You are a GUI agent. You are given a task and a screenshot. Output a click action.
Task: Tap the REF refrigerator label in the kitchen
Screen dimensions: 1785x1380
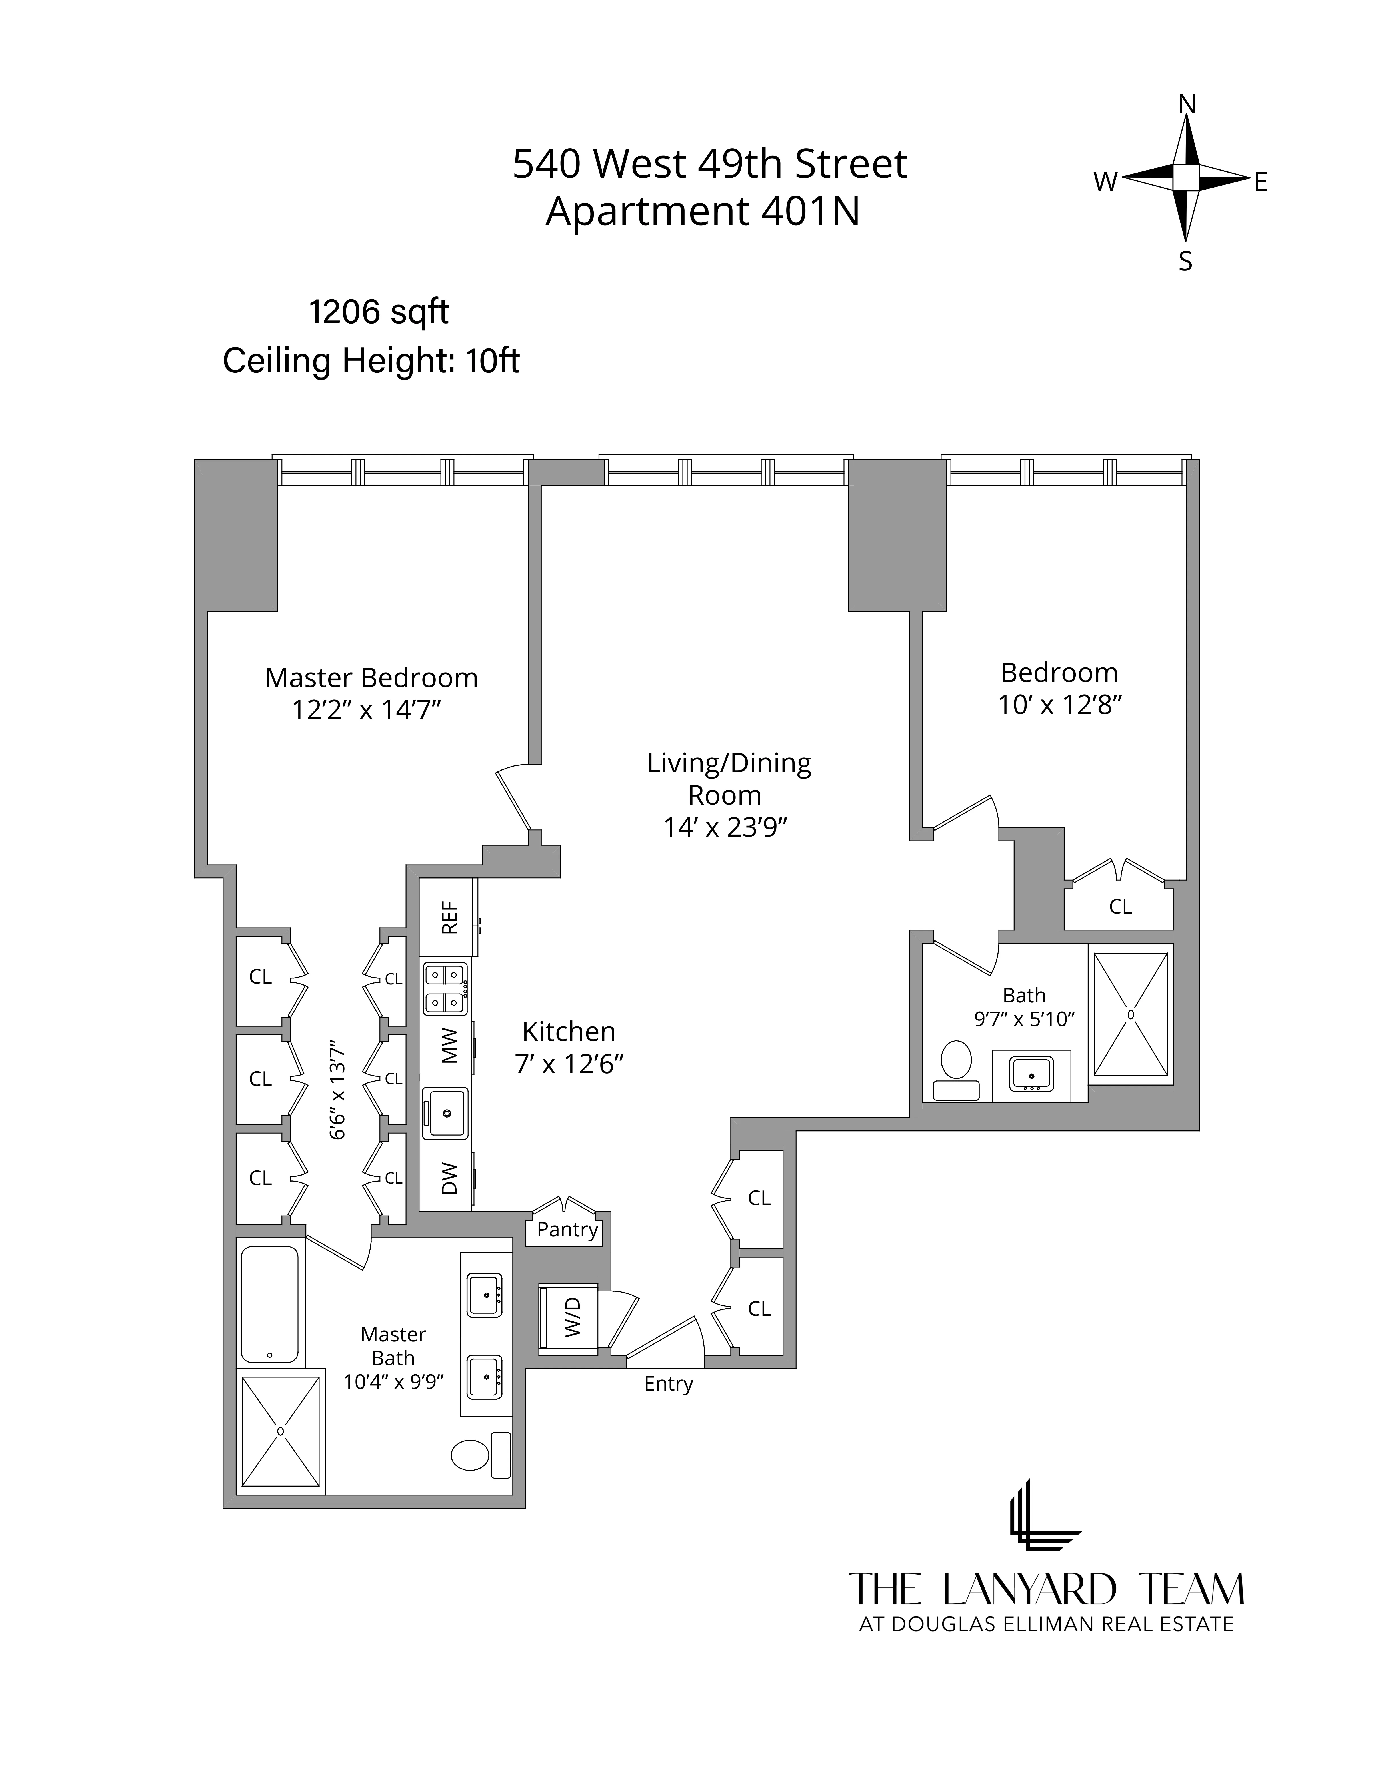449,918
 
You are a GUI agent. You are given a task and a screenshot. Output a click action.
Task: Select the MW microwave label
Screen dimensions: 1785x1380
449,1045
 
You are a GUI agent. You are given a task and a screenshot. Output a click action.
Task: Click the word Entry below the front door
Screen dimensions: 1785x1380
668,1384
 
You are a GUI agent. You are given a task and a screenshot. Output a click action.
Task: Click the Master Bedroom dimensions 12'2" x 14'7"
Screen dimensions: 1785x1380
367,709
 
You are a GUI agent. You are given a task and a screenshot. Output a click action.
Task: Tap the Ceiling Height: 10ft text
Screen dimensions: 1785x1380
371,360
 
